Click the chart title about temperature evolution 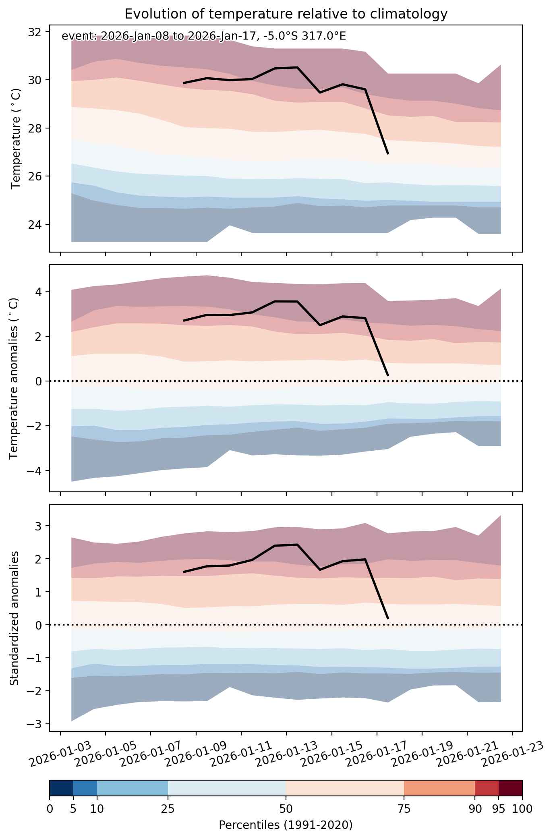(x=286, y=14)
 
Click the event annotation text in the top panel (x=204, y=36)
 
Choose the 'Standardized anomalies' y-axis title (x=14, y=618)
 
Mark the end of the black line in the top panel (x=388, y=154)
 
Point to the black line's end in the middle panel (x=388, y=376)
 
